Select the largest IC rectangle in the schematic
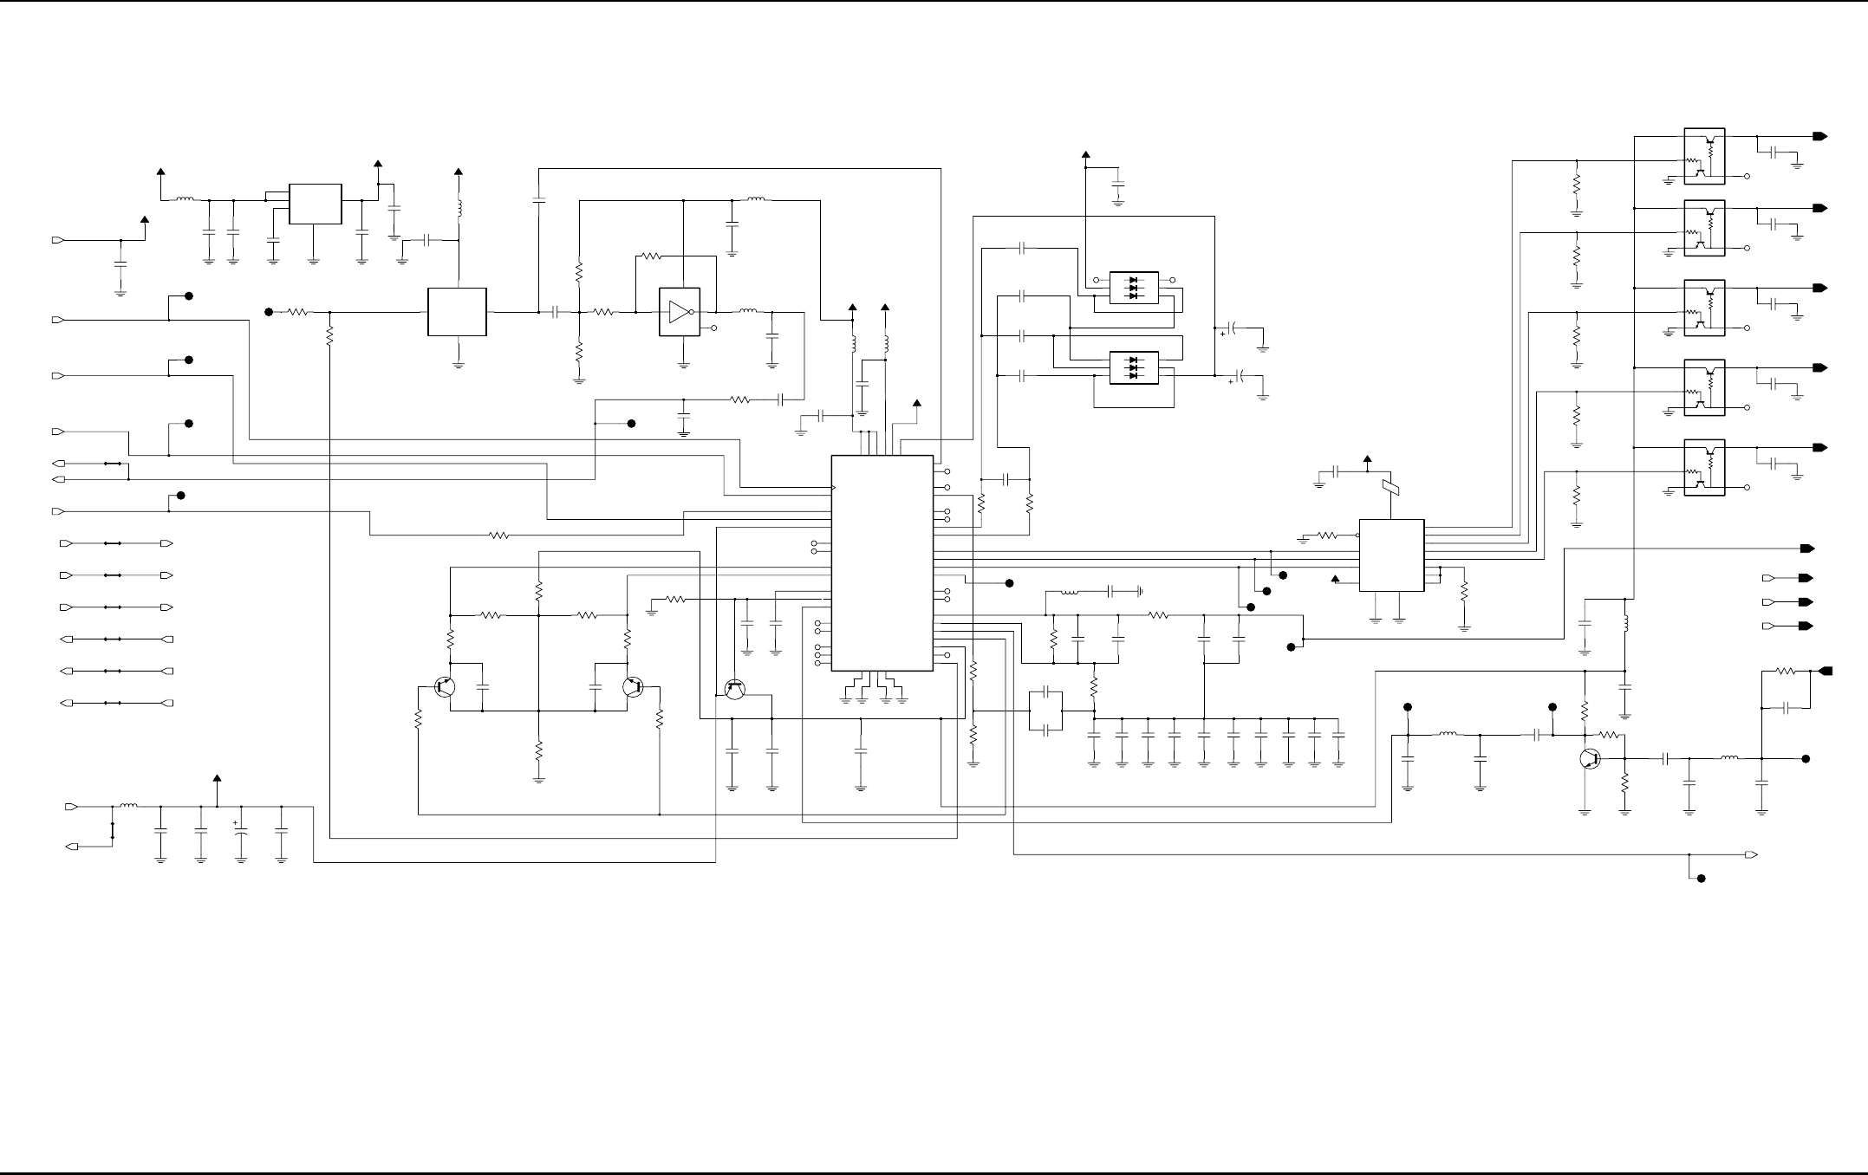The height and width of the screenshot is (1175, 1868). click(x=882, y=562)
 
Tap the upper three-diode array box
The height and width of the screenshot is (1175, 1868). click(x=1134, y=288)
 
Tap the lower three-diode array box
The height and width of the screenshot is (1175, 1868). click(x=1134, y=367)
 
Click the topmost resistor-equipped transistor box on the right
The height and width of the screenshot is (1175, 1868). click(x=1704, y=156)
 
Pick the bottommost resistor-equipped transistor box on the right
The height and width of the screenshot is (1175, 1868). click(x=1704, y=468)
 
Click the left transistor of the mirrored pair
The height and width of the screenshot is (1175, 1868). click(x=444, y=688)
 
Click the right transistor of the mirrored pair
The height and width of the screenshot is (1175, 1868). click(x=633, y=688)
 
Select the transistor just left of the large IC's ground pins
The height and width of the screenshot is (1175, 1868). click(x=734, y=690)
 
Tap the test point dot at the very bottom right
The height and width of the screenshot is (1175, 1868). click(x=1701, y=879)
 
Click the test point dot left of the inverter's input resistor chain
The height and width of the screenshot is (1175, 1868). click(x=269, y=312)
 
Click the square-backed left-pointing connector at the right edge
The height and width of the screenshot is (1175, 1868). click(x=1825, y=671)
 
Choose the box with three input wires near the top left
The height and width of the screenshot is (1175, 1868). click(x=315, y=204)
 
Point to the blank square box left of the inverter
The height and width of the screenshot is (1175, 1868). click(x=457, y=312)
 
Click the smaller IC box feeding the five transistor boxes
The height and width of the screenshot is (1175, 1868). click(x=1391, y=555)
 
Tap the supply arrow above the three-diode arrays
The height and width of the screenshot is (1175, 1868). click(x=1085, y=157)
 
